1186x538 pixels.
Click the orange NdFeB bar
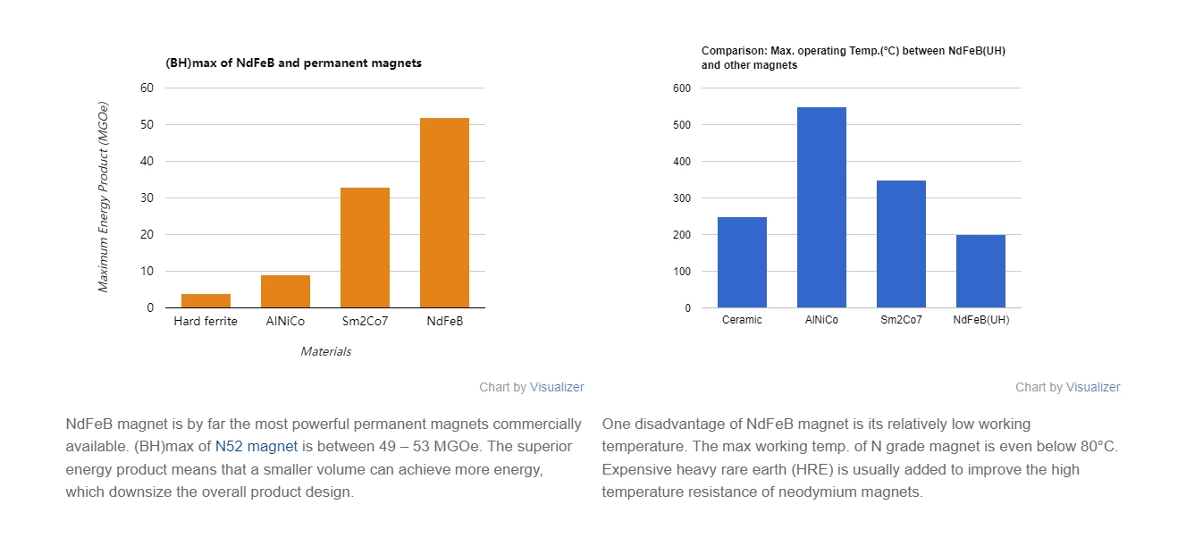444,213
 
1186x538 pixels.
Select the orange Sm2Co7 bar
365,248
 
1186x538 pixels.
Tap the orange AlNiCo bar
285,291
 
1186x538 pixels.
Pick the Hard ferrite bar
206,301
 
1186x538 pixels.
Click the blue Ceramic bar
742,262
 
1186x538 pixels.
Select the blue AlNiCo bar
821,207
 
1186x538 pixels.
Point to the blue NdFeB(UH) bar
980,271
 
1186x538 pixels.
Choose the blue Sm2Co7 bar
901,244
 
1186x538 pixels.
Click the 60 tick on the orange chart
147,88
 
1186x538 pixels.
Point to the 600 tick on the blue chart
682,88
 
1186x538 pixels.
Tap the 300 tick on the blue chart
682,198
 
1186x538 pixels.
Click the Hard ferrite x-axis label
206,321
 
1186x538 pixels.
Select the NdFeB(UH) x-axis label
981,320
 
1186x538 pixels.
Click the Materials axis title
325,351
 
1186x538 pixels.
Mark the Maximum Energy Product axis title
103,197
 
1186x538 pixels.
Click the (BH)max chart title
293,63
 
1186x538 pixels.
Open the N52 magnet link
257,446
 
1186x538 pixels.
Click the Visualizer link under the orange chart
557,387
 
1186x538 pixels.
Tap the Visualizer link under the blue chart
1093,387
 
